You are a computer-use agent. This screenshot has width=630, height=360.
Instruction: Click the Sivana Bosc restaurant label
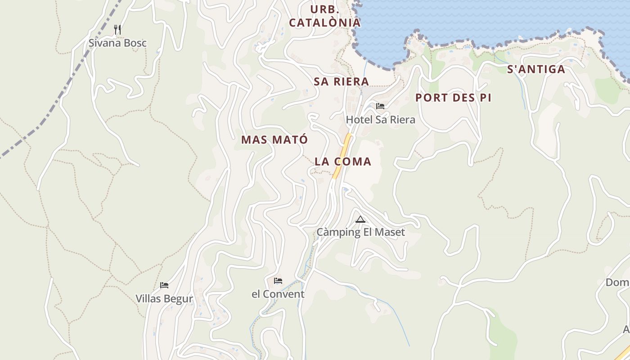pyautogui.click(x=117, y=43)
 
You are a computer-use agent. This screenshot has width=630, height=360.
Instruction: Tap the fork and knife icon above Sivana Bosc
pyautogui.click(x=117, y=30)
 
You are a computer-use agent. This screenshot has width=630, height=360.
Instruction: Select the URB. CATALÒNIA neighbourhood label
pyautogui.click(x=324, y=16)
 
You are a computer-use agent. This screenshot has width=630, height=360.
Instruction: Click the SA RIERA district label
pyautogui.click(x=341, y=81)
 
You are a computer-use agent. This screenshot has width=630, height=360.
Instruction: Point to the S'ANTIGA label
pyautogui.click(x=536, y=69)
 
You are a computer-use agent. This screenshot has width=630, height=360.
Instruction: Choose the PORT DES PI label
pyautogui.click(x=453, y=98)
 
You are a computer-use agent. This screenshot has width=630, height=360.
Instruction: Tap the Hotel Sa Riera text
pyautogui.click(x=380, y=120)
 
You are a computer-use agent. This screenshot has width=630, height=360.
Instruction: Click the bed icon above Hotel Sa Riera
pyautogui.click(x=380, y=107)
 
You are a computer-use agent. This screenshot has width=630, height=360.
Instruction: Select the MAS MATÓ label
pyautogui.click(x=274, y=139)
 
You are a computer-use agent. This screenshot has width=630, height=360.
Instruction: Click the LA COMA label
pyautogui.click(x=343, y=162)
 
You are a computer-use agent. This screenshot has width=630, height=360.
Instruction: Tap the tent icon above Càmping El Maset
pyautogui.click(x=360, y=220)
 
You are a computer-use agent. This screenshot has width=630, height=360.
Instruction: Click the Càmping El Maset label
pyautogui.click(x=360, y=232)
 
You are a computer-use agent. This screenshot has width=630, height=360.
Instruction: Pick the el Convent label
pyautogui.click(x=278, y=294)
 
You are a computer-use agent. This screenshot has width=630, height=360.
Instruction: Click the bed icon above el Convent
pyautogui.click(x=278, y=281)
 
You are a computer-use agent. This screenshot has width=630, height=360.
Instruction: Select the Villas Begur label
pyautogui.click(x=164, y=298)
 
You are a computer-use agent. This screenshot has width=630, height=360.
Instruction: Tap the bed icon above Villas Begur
pyautogui.click(x=164, y=285)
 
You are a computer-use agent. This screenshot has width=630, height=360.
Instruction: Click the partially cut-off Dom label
pyautogui.click(x=617, y=283)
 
